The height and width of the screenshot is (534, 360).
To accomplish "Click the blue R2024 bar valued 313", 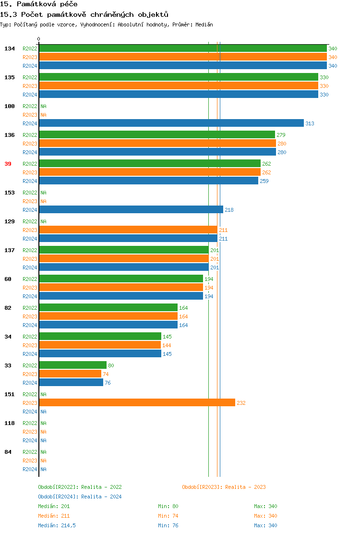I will [171, 123].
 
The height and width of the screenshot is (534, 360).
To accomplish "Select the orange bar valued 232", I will [137, 403].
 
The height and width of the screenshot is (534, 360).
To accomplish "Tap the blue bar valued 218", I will [131, 210].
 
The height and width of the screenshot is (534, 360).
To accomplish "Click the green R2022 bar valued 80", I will [72, 365].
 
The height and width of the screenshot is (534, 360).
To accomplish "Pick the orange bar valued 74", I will [70, 374].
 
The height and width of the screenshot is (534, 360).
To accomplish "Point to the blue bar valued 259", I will [149, 181].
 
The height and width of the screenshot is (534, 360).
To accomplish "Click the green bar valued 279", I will [157, 135].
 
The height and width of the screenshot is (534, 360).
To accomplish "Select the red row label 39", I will [8, 164].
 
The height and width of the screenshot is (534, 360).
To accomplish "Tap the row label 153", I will [10, 193].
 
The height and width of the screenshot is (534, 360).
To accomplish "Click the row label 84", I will [8, 452].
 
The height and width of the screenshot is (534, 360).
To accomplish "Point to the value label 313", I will [310, 124].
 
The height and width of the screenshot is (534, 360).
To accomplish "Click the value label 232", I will [241, 403].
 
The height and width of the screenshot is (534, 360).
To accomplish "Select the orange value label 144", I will [167, 346].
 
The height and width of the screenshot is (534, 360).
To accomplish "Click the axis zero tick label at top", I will [39, 39].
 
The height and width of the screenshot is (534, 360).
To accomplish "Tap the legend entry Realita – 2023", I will [224, 487].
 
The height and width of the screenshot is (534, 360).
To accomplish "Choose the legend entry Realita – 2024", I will [80, 497].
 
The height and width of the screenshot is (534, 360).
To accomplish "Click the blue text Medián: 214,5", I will [57, 525].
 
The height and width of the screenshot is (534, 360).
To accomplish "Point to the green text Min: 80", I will [168, 506].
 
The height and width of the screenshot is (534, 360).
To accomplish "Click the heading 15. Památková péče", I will [39, 4].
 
